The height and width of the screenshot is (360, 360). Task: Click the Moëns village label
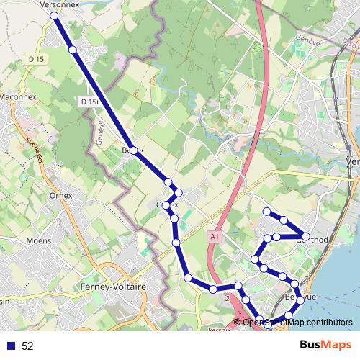point(38,240)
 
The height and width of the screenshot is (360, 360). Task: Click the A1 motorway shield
point(215,235)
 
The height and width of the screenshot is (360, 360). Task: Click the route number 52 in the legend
point(27,346)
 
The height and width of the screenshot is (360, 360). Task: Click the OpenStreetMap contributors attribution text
point(297,322)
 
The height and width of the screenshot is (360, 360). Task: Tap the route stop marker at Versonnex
point(55,14)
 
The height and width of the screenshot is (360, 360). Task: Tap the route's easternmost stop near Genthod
point(306,236)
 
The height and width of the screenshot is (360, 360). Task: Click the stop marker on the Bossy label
point(133,150)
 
